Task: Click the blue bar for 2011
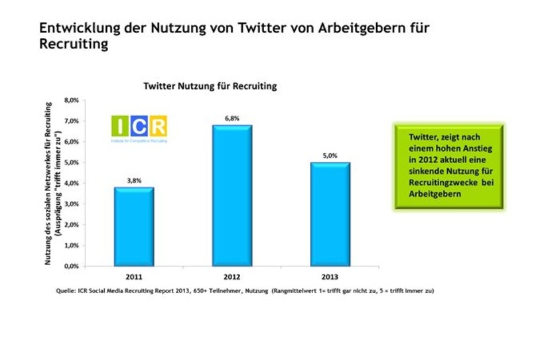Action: click(135, 226)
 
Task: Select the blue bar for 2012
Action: click(232, 195)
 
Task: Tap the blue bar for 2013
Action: click(330, 213)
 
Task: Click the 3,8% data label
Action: click(135, 180)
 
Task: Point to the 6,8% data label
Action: click(232, 118)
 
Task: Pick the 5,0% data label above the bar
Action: click(330, 155)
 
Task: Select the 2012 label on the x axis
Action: click(232, 276)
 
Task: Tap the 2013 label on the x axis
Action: click(330, 276)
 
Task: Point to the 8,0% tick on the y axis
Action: click(71, 101)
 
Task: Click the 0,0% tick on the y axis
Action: click(71, 266)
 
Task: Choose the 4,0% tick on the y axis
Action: click(71, 183)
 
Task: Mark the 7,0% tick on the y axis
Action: click(71, 121)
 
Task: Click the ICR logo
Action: click(139, 129)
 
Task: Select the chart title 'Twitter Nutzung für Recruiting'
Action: click(210, 86)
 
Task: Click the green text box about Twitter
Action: click(448, 165)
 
